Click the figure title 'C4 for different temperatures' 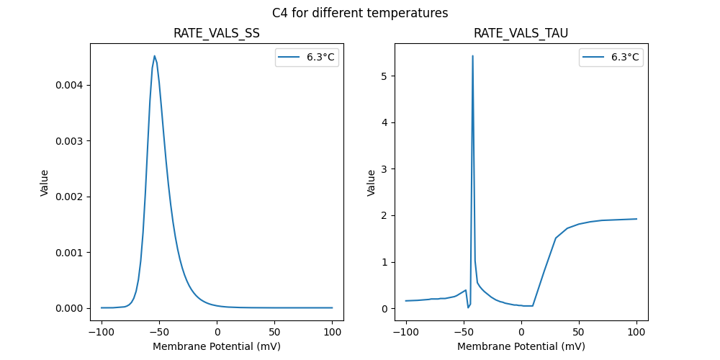(x=360, y=13)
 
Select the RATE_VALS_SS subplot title (x=217, y=34)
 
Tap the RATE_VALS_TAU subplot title (x=521, y=34)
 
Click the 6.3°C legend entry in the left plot (x=307, y=57)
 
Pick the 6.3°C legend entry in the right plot (x=611, y=57)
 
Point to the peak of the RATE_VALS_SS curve (x=154, y=55)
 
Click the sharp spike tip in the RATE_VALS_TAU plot (x=472, y=55)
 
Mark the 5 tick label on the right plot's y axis (x=384, y=76)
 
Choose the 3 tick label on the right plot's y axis (x=384, y=169)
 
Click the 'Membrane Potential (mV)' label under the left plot (x=217, y=346)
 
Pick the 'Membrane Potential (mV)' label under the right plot (x=521, y=346)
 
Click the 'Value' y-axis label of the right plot (x=372, y=182)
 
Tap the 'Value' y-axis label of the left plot (x=45, y=182)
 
